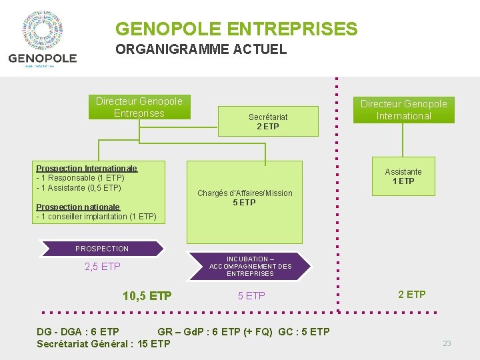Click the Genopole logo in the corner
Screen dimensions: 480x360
tap(42, 39)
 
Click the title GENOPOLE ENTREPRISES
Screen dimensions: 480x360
tap(236, 29)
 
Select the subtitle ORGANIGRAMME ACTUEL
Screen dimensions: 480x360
tap(201, 49)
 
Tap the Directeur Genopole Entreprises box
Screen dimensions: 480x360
tap(139, 107)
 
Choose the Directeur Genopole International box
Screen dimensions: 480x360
tap(403, 110)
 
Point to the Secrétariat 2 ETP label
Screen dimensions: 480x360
tap(268, 121)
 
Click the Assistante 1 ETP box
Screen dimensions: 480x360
tap(403, 176)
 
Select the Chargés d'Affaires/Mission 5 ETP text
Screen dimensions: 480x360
tap(245, 197)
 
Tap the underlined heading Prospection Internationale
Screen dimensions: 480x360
tap(87, 169)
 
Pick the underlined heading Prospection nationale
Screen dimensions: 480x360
tap(78, 207)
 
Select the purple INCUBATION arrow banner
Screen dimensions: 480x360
tap(250, 267)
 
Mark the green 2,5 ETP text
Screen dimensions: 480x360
tap(103, 267)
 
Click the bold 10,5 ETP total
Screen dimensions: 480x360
tap(147, 296)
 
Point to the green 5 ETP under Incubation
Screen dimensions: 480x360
tap(251, 296)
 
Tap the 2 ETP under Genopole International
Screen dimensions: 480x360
tap(412, 295)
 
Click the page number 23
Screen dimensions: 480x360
tap(447, 343)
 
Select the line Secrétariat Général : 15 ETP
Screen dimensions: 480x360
tap(103, 344)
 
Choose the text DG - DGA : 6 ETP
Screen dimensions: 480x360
tap(78, 332)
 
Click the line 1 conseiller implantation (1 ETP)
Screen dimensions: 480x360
tap(97, 217)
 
